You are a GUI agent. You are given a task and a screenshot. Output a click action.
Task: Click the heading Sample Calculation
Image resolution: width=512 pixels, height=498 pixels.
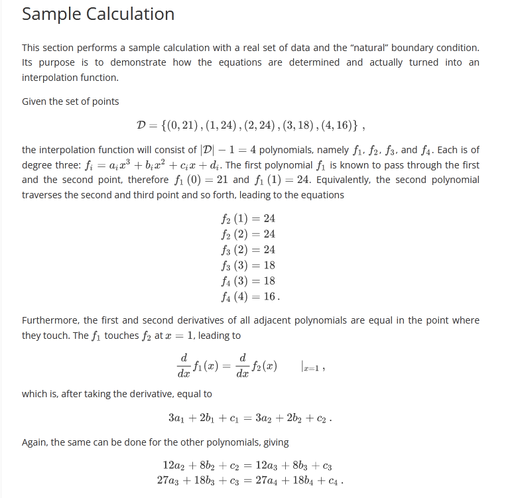pos(98,14)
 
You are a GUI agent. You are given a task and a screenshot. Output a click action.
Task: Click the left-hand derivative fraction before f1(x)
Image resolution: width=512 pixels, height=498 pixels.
pos(184,365)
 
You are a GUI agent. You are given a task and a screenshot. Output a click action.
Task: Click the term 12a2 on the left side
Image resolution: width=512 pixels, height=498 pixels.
pos(174,465)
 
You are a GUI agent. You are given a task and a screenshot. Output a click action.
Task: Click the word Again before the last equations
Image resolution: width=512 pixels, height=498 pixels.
pos(35,442)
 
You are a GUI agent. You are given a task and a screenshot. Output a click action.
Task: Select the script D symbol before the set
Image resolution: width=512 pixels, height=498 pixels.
pos(141,125)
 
